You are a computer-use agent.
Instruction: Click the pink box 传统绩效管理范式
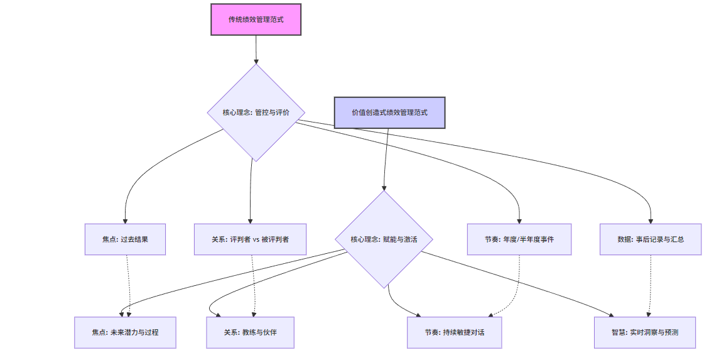[x=256, y=19]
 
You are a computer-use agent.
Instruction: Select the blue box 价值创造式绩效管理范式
[x=389, y=112]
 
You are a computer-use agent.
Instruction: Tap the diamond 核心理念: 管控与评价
[x=256, y=113]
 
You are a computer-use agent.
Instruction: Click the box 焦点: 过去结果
[x=125, y=239]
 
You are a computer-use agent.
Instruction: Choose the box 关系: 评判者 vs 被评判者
[x=250, y=239]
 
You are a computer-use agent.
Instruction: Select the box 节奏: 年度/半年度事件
[x=519, y=239]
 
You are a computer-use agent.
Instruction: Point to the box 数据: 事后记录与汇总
[x=650, y=239]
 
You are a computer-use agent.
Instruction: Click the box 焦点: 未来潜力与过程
[x=125, y=332]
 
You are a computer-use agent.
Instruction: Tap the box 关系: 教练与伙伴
[x=250, y=332]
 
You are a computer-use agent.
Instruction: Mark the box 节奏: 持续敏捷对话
[x=455, y=332]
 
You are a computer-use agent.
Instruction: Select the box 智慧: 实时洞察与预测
[x=645, y=332]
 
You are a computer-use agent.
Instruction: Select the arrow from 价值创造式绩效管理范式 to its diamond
[x=386, y=157]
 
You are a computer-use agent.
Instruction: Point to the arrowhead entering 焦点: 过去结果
[x=125, y=221]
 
